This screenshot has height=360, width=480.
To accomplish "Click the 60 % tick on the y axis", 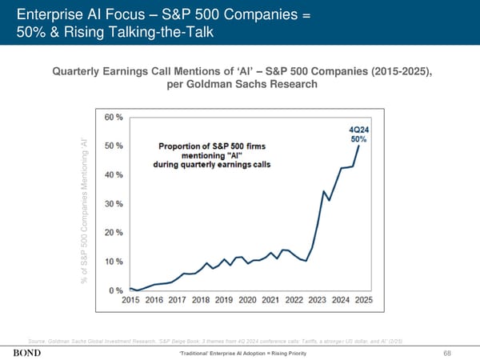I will coord(114,116).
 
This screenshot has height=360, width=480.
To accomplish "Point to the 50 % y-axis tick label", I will coord(114,146).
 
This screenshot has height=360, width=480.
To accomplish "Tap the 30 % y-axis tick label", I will coord(114,203).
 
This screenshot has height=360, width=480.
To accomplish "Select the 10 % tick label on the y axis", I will coord(114,261).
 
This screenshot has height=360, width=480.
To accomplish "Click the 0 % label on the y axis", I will coord(116,290).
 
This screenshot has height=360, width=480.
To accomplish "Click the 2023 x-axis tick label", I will coord(317,300).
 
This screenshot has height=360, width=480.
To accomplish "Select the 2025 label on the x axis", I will coord(363,300).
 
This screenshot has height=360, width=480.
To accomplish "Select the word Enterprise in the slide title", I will coord(50,14).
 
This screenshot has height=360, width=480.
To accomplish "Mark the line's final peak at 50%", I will coord(359,146).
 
